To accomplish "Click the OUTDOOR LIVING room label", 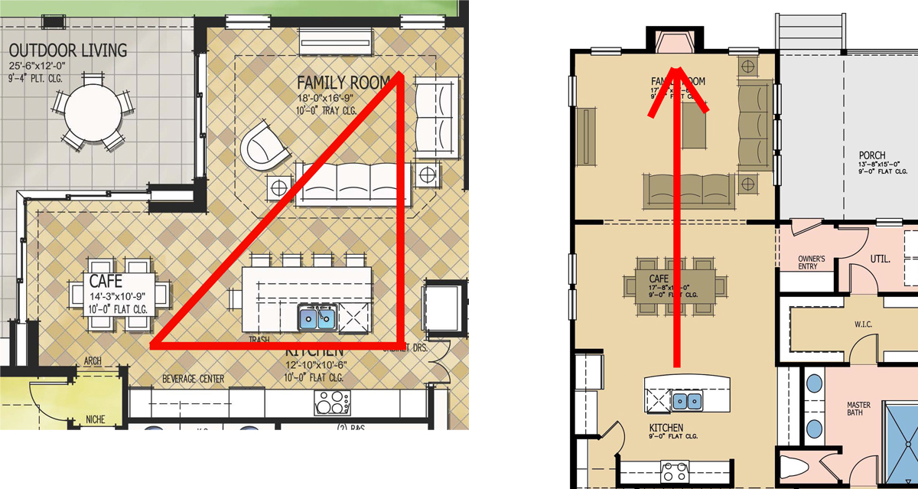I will (68, 51).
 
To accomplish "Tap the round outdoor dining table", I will (93, 113).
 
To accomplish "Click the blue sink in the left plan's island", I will (317, 317).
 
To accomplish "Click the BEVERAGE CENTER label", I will (194, 379).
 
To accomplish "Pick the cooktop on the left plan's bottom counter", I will (333, 402).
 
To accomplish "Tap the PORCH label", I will (871, 155).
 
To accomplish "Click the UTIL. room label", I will (880, 259).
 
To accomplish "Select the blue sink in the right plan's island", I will (685, 399).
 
